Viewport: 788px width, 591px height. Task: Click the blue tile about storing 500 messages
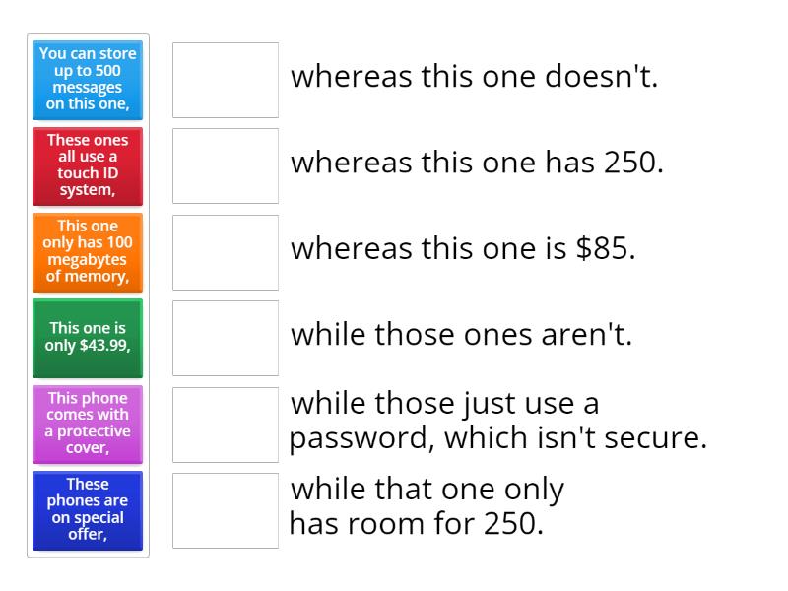[x=88, y=81]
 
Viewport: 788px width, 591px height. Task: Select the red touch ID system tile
[x=88, y=166]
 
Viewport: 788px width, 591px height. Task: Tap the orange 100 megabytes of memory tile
[x=88, y=252]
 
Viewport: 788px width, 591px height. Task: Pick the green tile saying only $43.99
[x=88, y=338]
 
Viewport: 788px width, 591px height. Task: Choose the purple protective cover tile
[x=88, y=425]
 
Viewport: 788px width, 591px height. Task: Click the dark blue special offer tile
[x=88, y=510]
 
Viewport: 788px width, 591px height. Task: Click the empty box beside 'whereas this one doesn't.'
[x=226, y=81]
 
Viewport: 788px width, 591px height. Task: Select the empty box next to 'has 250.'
[x=226, y=166]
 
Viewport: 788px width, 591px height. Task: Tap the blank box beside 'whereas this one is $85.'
[x=226, y=252]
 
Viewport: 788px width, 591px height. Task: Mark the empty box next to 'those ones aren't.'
[x=226, y=338]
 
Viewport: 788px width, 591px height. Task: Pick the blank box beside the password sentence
[x=226, y=425]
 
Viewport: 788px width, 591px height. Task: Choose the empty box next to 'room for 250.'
[x=226, y=510]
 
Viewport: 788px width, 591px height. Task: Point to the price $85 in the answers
[x=605, y=248]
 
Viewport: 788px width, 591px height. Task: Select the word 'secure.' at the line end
[x=655, y=438]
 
